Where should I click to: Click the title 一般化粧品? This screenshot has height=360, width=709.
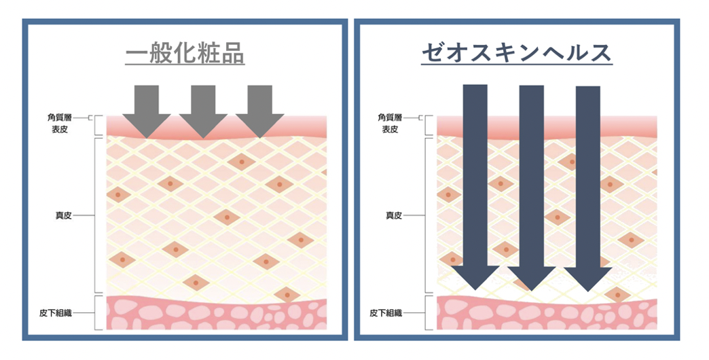[x=185, y=54]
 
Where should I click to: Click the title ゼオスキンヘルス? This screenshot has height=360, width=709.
[x=517, y=53]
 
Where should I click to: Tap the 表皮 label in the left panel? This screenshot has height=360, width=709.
[x=62, y=129]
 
